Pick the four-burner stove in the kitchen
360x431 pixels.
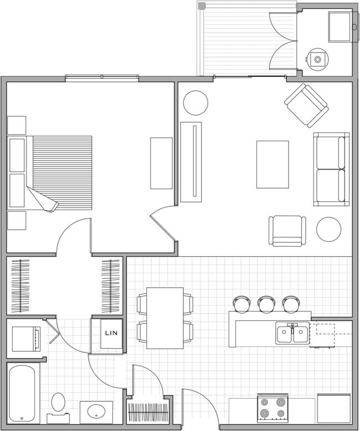click(274, 407)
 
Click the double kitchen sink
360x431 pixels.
click(294, 333)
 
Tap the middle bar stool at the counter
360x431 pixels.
click(266, 303)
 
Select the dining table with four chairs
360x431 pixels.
click(164, 318)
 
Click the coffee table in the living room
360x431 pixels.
click(272, 165)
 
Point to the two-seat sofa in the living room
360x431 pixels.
click(331, 169)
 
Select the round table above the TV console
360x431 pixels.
click(196, 102)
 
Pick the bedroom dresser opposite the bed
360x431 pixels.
click(161, 163)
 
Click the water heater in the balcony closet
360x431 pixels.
click(317, 56)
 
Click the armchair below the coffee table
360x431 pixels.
click(287, 232)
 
